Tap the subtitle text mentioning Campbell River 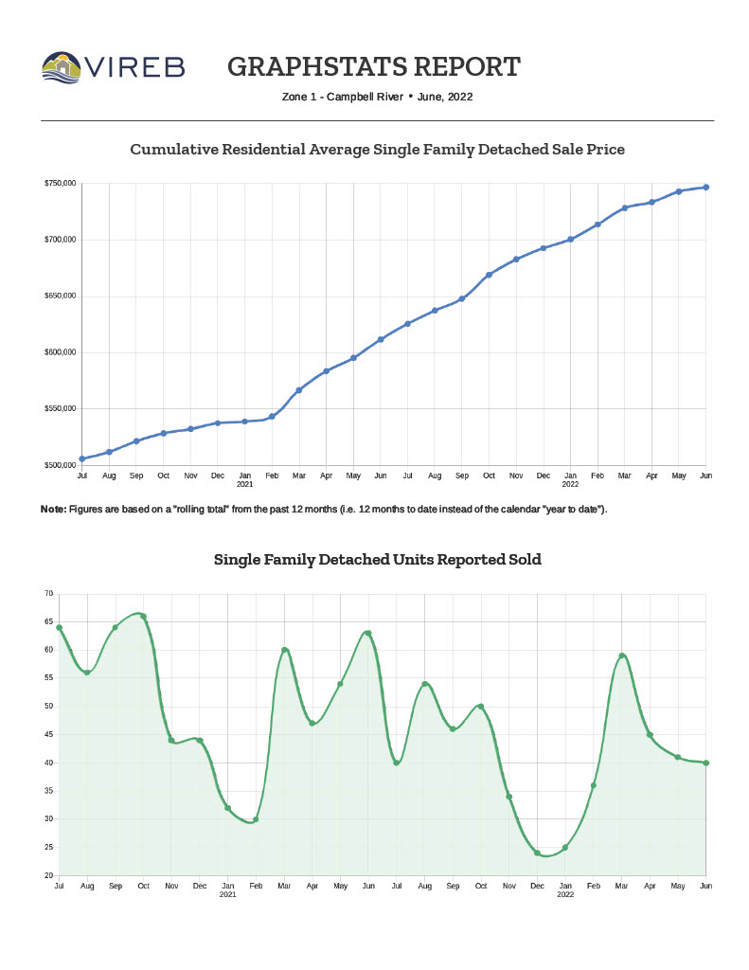(x=377, y=97)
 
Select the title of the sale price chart (x=377, y=150)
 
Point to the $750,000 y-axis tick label (x=59, y=183)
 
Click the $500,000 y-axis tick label (x=59, y=466)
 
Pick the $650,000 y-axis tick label (x=59, y=296)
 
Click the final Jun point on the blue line (x=706, y=188)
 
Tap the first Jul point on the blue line (x=82, y=458)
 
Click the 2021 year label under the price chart (x=244, y=484)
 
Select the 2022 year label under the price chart (x=570, y=484)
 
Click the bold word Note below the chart (x=53, y=510)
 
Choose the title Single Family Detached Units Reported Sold (x=377, y=560)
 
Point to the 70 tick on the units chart (x=48, y=594)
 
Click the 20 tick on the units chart (x=48, y=875)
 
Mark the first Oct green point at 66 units (x=143, y=617)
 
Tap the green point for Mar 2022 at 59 (x=622, y=656)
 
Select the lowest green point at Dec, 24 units (x=537, y=853)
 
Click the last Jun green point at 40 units (x=706, y=763)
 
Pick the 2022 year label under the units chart (x=565, y=894)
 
